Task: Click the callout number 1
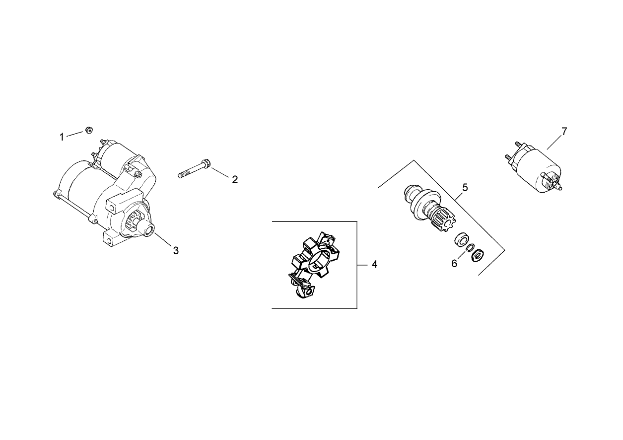click(62, 137)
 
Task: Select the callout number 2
click(235, 180)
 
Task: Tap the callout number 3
click(176, 251)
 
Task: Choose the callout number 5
click(465, 188)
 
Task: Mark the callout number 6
click(454, 264)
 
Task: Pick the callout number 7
click(564, 131)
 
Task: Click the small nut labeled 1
click(87, 131)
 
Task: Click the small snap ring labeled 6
click(470, 248)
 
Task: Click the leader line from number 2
click(221, 172)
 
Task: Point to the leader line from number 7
click(555, 142)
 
